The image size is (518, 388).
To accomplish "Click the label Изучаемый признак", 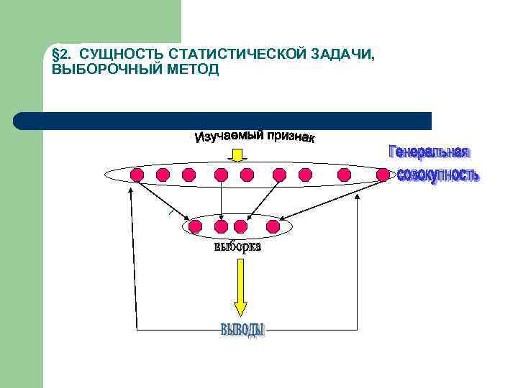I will point(254,137).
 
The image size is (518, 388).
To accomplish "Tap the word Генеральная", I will point(429,152).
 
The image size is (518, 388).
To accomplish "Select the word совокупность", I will point(437,175).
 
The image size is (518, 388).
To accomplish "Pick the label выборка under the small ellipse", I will point(237,247).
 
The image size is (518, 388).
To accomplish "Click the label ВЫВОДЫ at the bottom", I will point(242,330).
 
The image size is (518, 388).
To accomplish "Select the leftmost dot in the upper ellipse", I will point(137,174).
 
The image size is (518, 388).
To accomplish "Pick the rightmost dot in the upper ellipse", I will point(383,174).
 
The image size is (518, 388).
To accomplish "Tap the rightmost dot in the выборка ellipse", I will point(273,227).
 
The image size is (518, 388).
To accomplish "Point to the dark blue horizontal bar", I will point(223,120).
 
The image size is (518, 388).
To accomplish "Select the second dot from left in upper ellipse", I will point(163,174).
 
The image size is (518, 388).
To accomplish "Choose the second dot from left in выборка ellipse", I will point(221,227).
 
